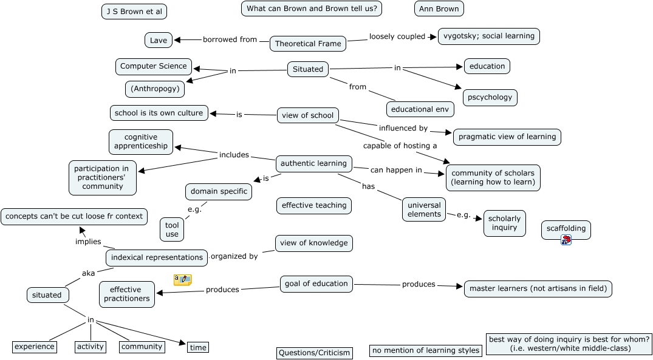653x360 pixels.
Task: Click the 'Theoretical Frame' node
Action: coord(308,44)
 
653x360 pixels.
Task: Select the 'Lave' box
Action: coord(159,40)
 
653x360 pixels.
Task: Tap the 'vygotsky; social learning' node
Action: coord(489,36)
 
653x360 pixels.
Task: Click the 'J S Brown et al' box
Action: coord(134,12)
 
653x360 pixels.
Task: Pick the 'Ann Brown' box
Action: coord(439,8)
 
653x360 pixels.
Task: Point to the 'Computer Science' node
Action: coord(154,66)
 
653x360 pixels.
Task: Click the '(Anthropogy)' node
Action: coord(155,89)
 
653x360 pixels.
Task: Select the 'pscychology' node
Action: coord(490,97)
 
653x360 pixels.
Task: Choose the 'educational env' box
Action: coord(420,109)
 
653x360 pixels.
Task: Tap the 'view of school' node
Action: coord(308,115)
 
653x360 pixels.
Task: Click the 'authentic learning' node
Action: coord(314,163)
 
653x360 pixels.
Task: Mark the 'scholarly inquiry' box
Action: coord(505,223)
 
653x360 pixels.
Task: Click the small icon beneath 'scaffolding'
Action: coord(566,240)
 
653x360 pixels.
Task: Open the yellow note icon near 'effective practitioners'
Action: coord(183,280)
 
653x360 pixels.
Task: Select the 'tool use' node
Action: coord(172,229)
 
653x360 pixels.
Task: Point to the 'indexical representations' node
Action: coord(157,257)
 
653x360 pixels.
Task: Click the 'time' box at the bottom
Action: coord(198,347)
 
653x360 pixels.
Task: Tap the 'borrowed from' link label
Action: coord(230,39)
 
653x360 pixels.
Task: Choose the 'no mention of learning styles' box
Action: coord(425,350)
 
